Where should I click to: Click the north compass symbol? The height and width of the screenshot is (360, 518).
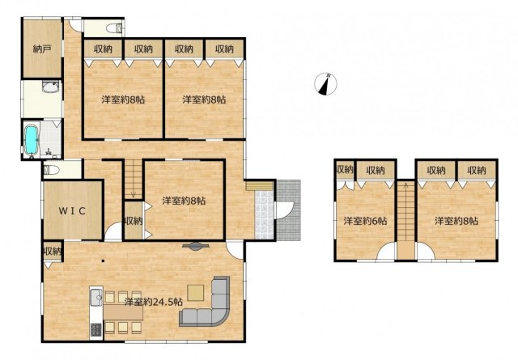[325, 84]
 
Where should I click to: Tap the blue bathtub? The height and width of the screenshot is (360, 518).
[32, 140]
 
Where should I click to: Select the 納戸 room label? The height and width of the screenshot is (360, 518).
[42, 49]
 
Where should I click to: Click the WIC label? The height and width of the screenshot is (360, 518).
[72, 210]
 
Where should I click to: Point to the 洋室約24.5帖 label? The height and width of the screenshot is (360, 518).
[154, 302]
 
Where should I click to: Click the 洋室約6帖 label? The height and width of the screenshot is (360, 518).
[365, 221]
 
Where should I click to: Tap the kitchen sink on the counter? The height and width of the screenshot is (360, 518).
[96, 297]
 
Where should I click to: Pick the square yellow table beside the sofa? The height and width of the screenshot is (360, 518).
[196, 292]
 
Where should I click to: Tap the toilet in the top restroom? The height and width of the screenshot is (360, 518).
[115, 28]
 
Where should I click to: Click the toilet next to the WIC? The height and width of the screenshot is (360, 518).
[51, 170]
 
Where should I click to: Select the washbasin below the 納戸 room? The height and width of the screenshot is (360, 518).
[50, 87]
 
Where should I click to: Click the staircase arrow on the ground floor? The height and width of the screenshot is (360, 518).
[133, 195]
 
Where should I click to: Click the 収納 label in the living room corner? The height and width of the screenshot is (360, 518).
[52, 252]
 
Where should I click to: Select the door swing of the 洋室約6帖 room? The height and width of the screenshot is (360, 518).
[385, 252]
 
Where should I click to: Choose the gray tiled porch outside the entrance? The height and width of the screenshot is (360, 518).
[288, 210]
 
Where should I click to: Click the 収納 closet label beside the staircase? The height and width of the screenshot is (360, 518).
[133, 221]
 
